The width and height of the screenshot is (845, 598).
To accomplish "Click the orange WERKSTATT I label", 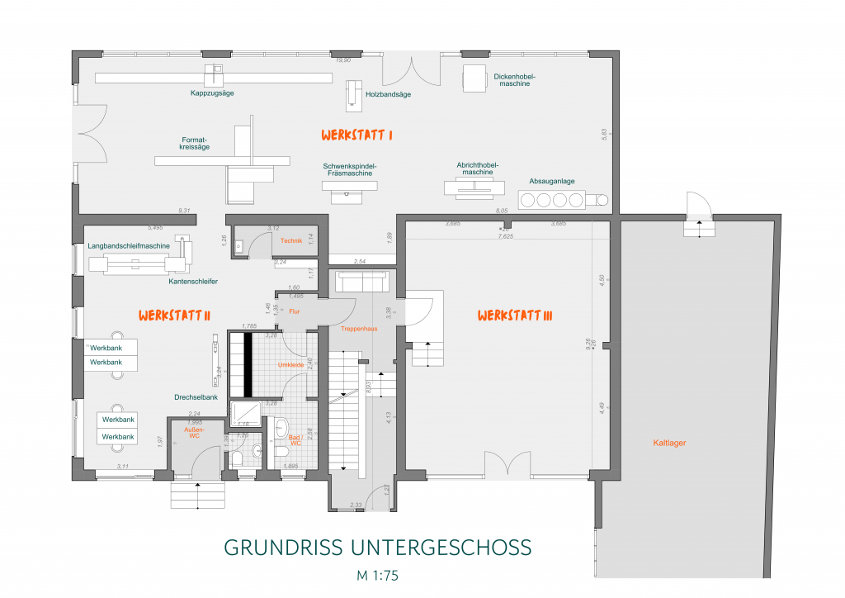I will point(356,134).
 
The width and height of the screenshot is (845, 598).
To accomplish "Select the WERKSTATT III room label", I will point(514,316).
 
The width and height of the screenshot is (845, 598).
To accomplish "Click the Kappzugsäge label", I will point(212,93).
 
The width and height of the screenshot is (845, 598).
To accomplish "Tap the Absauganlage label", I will point(552,181).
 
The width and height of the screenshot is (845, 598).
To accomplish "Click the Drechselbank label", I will point(196,397).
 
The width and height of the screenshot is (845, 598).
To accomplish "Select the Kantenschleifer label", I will point(193,282).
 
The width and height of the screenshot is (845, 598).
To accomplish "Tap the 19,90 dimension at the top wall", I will point(342,60).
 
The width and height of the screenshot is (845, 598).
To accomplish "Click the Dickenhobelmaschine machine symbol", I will point(474,79).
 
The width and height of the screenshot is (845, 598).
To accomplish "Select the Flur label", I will point(295,311).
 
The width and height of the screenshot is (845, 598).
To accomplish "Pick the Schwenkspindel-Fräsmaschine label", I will point(350,169).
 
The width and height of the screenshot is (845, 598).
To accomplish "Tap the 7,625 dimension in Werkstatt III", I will point(506,236).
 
